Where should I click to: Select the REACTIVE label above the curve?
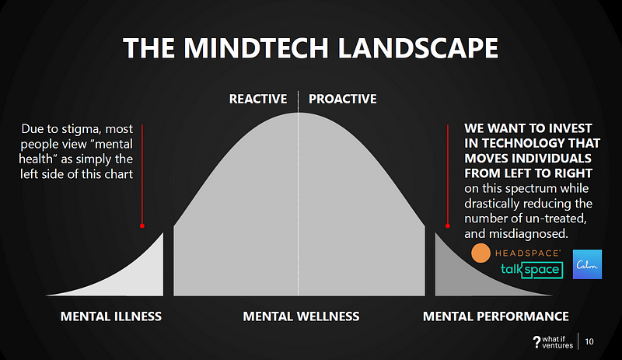pos(258,99)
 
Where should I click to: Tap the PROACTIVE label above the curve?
pos(343,99)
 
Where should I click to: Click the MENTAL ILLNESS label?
pos(111,316)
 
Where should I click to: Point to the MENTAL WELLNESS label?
pos(301,316)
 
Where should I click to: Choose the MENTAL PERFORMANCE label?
pos(496,316)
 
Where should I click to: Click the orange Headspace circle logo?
pos(480,253)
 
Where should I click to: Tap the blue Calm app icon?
pos(587,264)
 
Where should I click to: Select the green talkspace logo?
pos(532,270)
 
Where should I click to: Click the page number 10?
pos(589,342)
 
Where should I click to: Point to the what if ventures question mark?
pos(536,342)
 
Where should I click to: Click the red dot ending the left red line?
pos(142,225)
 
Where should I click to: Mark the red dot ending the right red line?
pos(448,225)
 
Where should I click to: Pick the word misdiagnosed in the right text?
pos(529,234)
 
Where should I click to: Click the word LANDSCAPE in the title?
pos(418,48)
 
